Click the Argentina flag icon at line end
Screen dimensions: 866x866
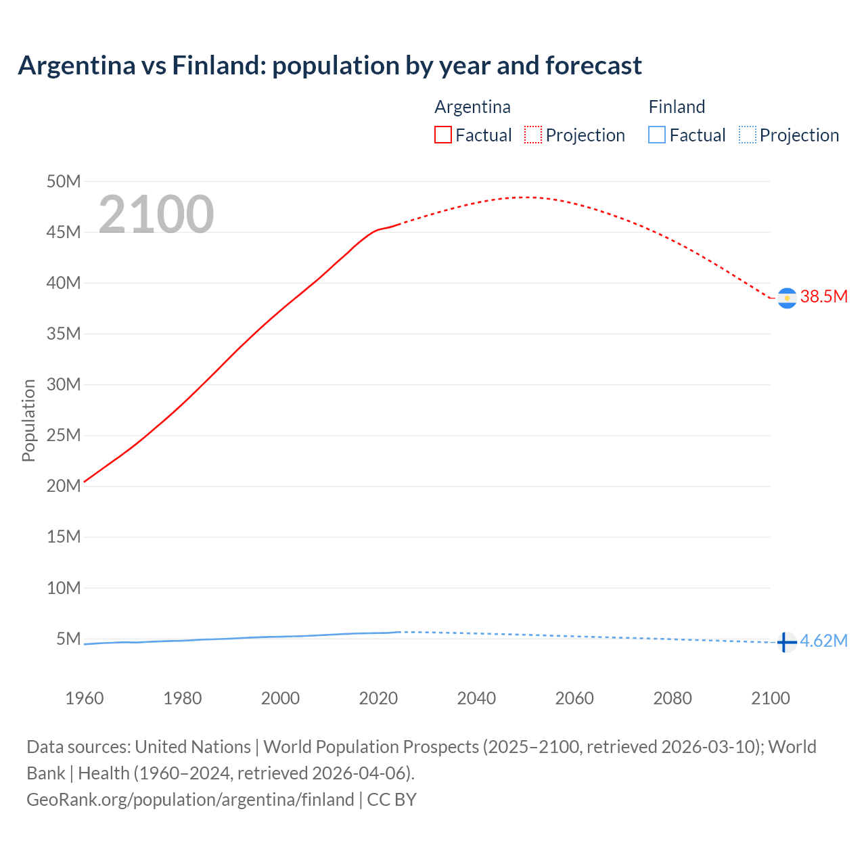tap(787, 298)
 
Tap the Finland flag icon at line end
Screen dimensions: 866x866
tap(786, 641)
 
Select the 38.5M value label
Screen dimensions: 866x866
tap(823, 296)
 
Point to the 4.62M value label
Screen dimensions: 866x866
tap(823, 641)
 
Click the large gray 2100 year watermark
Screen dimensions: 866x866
tap(156, 214)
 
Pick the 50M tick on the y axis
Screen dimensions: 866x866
tap(64, 181)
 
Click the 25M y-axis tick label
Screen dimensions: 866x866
tap(64, 435)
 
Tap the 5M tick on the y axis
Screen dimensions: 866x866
tap(68, 639)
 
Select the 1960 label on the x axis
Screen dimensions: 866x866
tap(85, 698)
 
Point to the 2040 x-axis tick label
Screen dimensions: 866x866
tap(476, 698)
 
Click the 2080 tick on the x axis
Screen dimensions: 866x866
tap(673, 698)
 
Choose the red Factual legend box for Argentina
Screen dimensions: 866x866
tap(442, 135)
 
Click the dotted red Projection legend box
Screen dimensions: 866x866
tap(533, 135)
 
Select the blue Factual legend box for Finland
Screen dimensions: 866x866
tap(657, 135)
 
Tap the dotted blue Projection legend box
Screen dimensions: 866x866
tap(748, 135)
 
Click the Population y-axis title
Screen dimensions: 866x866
tap(28, 420)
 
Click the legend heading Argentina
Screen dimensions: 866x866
tap(472, 107)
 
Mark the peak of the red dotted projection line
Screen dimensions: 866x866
tap(524, 197)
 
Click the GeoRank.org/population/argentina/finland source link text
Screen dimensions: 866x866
tap(190, 800)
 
